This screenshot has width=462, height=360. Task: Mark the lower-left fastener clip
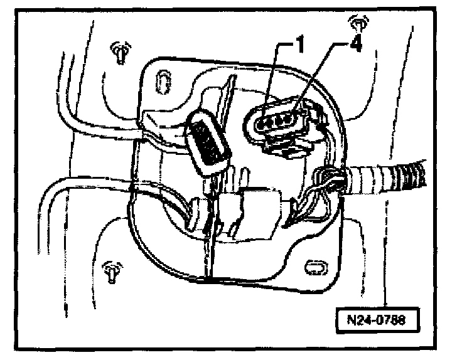click(110, 271)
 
